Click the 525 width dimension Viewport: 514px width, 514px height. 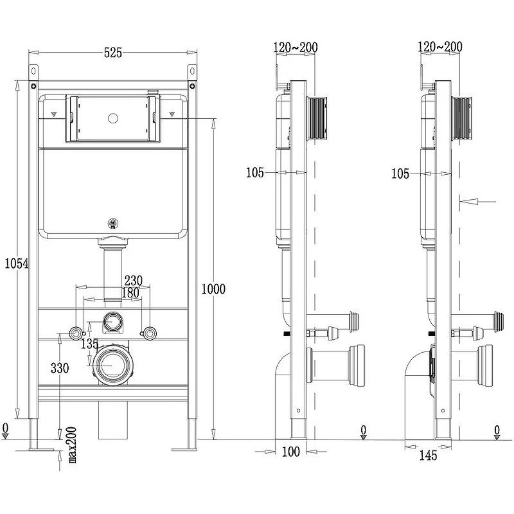[113, 53]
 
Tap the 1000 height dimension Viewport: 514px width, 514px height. [213, 288]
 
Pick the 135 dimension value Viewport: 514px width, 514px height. [89, 344]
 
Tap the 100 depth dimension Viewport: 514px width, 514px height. [291, 452]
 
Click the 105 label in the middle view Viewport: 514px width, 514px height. [255, 173]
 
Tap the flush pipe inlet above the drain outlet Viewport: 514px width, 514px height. [113, 321]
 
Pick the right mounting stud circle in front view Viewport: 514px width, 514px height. [149, 333]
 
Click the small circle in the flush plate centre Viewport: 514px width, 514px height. [113, 119]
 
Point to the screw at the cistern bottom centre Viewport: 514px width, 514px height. [113, 224]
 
